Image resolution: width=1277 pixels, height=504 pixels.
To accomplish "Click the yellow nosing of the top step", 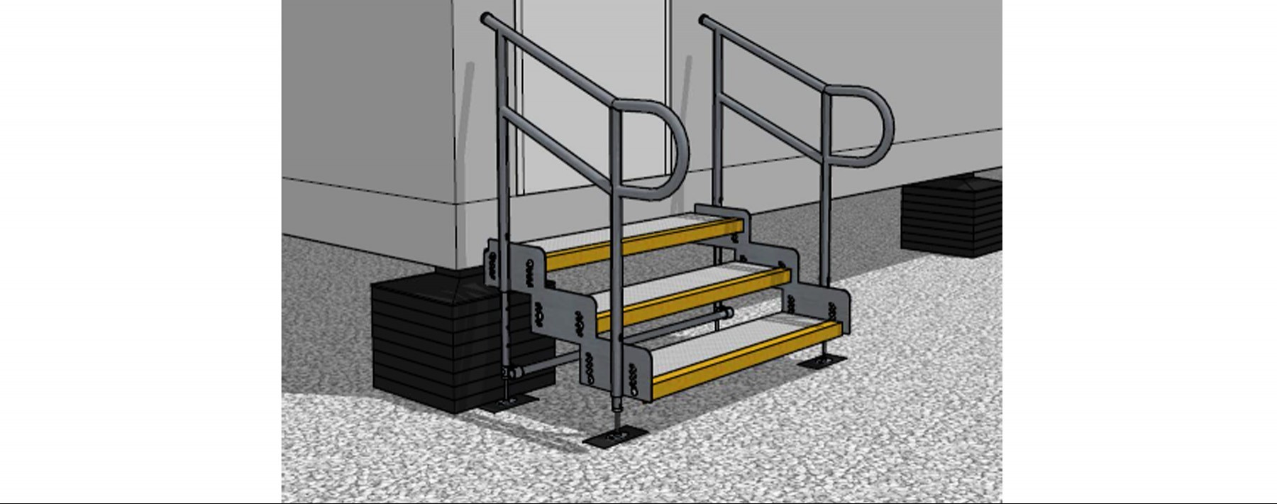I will tap(638, 241).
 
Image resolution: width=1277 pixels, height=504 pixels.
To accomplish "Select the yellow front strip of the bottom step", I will tap(745, 358).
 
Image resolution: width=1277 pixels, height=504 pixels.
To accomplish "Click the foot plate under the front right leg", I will tap(822, 363).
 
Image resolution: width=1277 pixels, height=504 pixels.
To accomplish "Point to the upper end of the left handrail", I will tap(487, 17).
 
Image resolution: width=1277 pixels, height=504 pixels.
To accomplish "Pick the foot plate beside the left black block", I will tap(508, 402).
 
